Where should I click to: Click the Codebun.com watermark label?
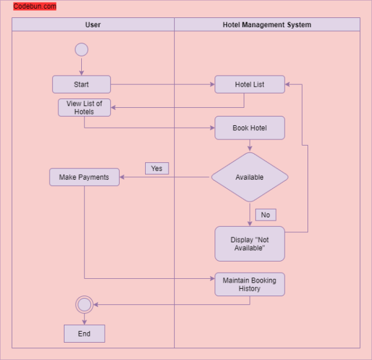coord(35,7)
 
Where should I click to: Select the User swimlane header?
coord(93,25)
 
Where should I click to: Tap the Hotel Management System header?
coord(267,25)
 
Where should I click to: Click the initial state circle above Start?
coord(81,50)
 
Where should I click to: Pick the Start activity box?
coord(81,84)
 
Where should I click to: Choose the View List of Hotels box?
coord(84,108)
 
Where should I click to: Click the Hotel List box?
coord(249,84)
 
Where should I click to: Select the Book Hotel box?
coord(249,128)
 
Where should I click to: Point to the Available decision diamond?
coord(249,177)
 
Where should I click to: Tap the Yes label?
coord(157,169)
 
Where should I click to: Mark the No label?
coord(265,215)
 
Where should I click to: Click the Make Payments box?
coord(84,177)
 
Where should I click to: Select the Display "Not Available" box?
coord(249,244)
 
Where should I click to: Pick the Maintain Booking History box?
coord(249,284)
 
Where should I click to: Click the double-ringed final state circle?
coord(84,304)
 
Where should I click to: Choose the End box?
coord(84,333)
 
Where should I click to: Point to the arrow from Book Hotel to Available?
coord(249,146)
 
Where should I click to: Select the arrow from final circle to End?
coord(84,318)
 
